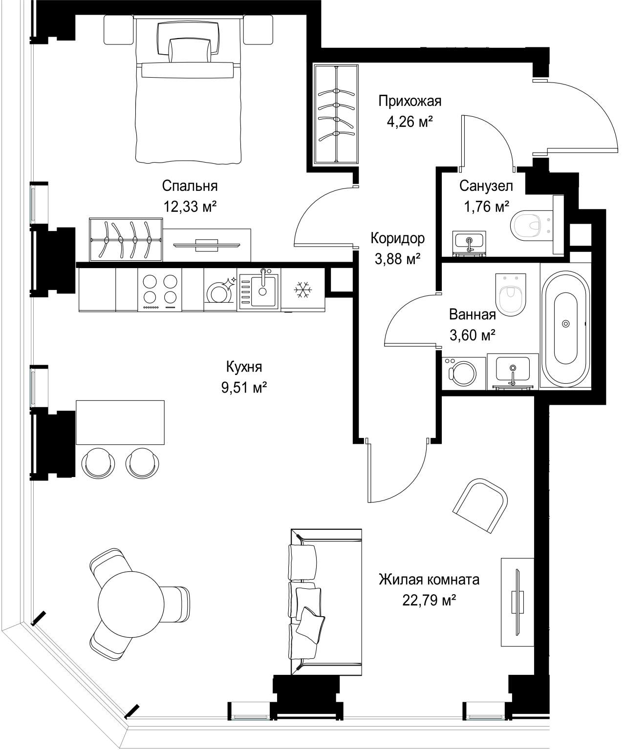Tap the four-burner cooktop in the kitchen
click(160, 289)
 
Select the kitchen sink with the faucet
click(259, 290)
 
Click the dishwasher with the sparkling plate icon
click(220, 290)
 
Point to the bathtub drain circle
click(566, 324)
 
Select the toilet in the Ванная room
click(510, 294)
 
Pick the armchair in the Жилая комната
click(480, 505)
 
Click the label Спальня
click(190, 186)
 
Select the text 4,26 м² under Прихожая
click(410, 122)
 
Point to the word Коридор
click(398, 238)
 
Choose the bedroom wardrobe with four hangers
click(126, 239)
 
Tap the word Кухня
click(244, 367)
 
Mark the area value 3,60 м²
click(473, 335)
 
